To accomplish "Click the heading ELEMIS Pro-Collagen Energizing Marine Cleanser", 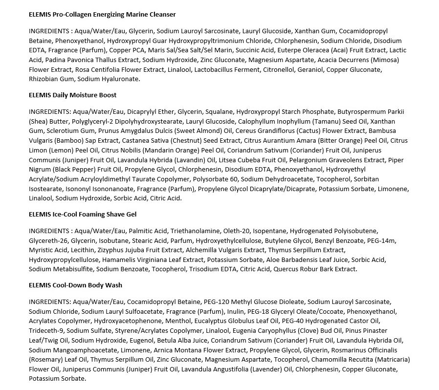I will pyautogui.click(x=102, y=15).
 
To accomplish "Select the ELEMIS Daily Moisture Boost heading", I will pyautogui.click(x=72, y=95).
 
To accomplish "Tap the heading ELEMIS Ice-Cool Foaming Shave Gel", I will pyautogui.click(x=83, y=215).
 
